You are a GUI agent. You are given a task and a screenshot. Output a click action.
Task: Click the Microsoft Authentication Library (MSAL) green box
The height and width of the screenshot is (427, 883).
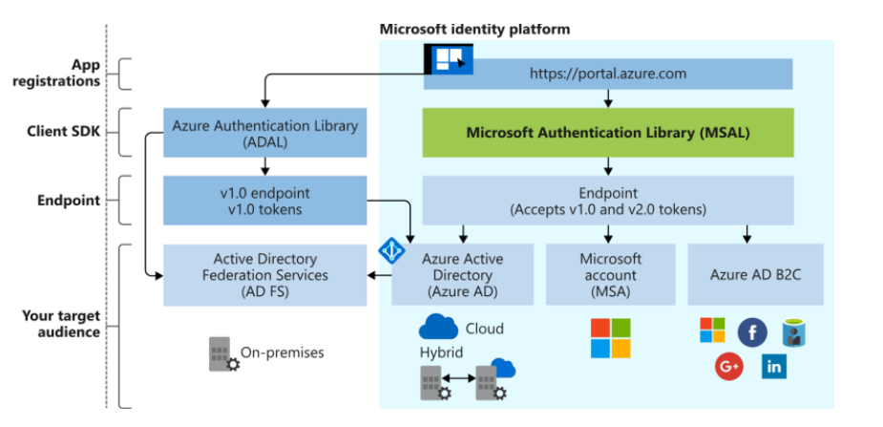tap(608, 133)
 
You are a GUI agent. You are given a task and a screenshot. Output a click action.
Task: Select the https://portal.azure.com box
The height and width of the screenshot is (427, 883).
tap(608, 74)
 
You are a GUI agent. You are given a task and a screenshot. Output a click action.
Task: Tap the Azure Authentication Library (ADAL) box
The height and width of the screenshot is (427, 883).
tap(264, 133)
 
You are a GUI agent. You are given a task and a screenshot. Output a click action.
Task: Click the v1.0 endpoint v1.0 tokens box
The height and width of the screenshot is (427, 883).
tap(264, 200)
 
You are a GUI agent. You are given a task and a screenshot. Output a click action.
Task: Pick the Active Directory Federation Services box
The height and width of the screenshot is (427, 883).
tap(264, 275)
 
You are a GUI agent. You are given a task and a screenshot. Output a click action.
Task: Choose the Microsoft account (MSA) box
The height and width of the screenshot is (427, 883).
tap(611, 274)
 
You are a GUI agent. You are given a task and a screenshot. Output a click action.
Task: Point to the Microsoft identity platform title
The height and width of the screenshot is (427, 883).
tap(474, 29)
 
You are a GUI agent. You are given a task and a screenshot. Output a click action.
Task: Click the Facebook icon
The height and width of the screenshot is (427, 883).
tap(751, 331)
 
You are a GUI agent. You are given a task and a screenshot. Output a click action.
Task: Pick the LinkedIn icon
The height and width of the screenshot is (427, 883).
tap(773, 366)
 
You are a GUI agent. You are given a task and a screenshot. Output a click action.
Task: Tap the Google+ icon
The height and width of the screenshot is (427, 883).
tap(728, 366)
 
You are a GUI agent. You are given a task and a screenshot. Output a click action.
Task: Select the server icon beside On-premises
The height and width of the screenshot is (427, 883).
tap(223, 353)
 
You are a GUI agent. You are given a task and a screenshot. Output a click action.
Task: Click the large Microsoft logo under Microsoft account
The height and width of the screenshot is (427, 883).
tap(611, 337)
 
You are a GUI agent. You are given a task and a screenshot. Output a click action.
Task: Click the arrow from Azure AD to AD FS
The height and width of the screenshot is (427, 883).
tap(380, 275)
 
